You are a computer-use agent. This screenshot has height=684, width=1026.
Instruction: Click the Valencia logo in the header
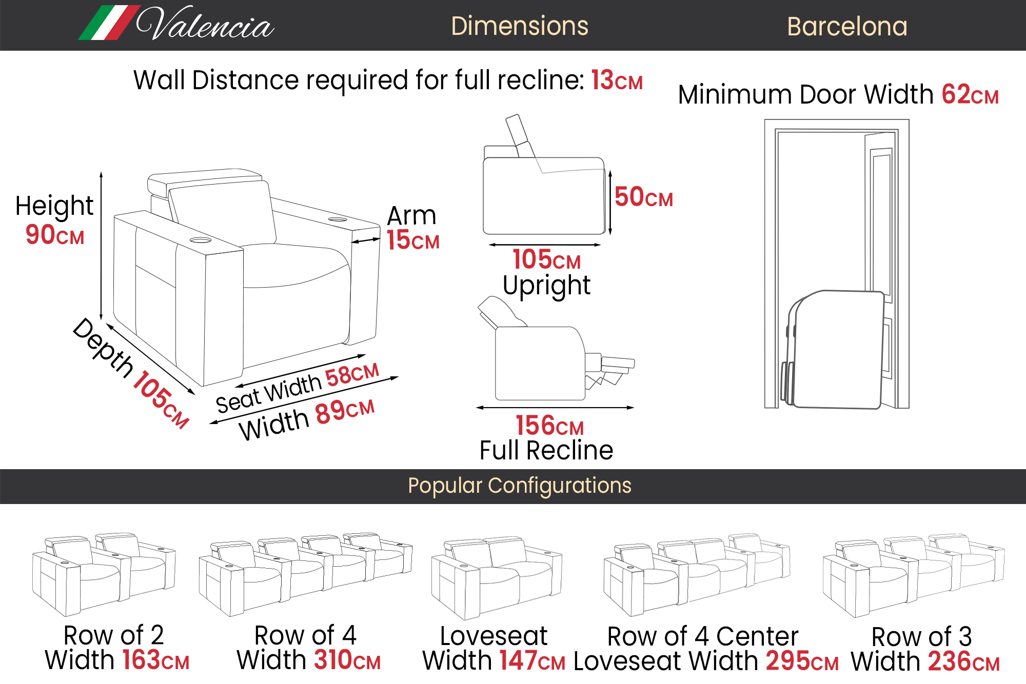point(177,24)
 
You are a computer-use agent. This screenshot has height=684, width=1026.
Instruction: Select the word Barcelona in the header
point(847,27)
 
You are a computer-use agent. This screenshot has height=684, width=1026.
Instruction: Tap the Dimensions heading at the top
point(519,26)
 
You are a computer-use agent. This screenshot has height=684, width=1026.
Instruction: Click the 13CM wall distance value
point(617,81)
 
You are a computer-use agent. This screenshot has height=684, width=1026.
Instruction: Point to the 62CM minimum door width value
point(970,95)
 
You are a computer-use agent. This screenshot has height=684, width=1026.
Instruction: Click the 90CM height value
point(55,235)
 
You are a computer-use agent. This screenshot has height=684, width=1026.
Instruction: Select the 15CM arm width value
point(413,240)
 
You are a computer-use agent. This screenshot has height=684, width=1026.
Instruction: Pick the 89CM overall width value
point(345,412)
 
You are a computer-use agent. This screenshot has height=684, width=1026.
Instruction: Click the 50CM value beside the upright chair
point(643,197)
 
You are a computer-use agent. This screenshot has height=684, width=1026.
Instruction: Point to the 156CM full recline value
point(549,426)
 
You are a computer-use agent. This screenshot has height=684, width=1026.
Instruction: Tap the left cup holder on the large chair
point(201,240)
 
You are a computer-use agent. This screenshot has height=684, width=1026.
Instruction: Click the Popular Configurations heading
point(519,486)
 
